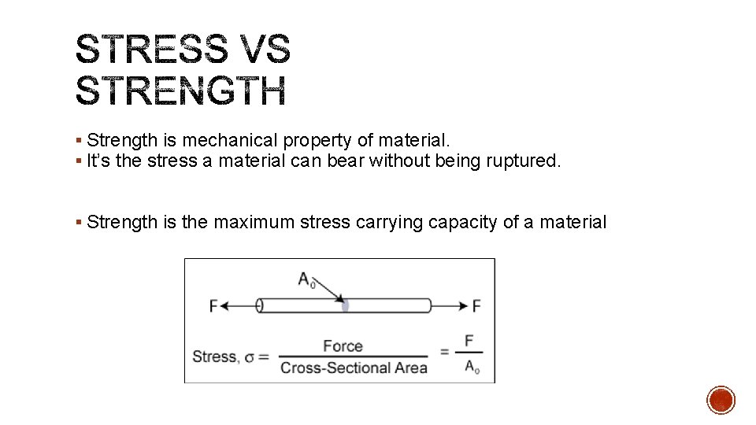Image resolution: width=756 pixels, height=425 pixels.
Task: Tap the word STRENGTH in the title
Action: click(x=181, y=91)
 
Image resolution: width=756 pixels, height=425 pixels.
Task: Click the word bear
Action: click(x=345, y=161)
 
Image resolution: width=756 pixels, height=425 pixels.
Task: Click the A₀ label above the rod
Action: click(x=306, y=279)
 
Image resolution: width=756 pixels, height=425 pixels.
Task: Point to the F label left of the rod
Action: click(x=213, y=305)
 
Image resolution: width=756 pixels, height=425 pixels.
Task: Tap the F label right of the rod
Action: click(x=476, y=305)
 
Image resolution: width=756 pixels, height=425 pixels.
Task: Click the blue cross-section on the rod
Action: click(x=345, y=305)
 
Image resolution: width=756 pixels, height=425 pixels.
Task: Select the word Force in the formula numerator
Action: click(x=343, y=346)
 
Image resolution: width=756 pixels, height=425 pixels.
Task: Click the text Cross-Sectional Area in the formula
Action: click(x=354, y=367)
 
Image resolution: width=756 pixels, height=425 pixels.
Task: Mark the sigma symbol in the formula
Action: click(x=250, y=357)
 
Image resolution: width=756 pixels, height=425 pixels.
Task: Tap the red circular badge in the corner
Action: click(x=721, y=400)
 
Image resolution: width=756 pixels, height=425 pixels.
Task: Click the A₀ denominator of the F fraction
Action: click(x=470, y=366)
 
